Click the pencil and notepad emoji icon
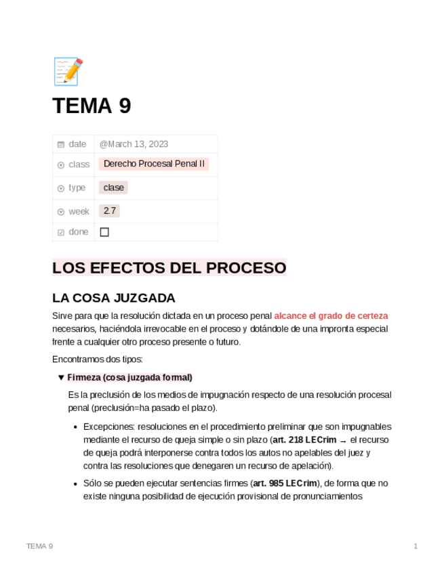(x=68, y=71)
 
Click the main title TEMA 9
(x=92, y=106)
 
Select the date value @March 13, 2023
(x=134, y=144)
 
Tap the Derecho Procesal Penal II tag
(x=154, y=164)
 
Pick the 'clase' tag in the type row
(x=113, y=187)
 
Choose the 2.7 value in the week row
(x=109, y=211)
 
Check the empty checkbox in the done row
(x=104, y=232)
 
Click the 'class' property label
(x=79, y=164)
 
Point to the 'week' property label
(x=79, y=212)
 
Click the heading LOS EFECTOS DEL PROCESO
(x=169, y=267)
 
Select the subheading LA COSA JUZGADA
(x=113, y=298)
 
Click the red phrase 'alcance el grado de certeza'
(x=331, y=316)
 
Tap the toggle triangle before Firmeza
(x=61, y=378)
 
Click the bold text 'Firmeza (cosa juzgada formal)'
(x=129, y=378)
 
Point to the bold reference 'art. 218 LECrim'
(x=304, y=440)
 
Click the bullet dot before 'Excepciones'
(x=75, y=427)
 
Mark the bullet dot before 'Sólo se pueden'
(x=75, y=484)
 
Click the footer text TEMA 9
(x=39, y=546)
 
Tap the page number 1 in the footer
(x=416, y=546)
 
